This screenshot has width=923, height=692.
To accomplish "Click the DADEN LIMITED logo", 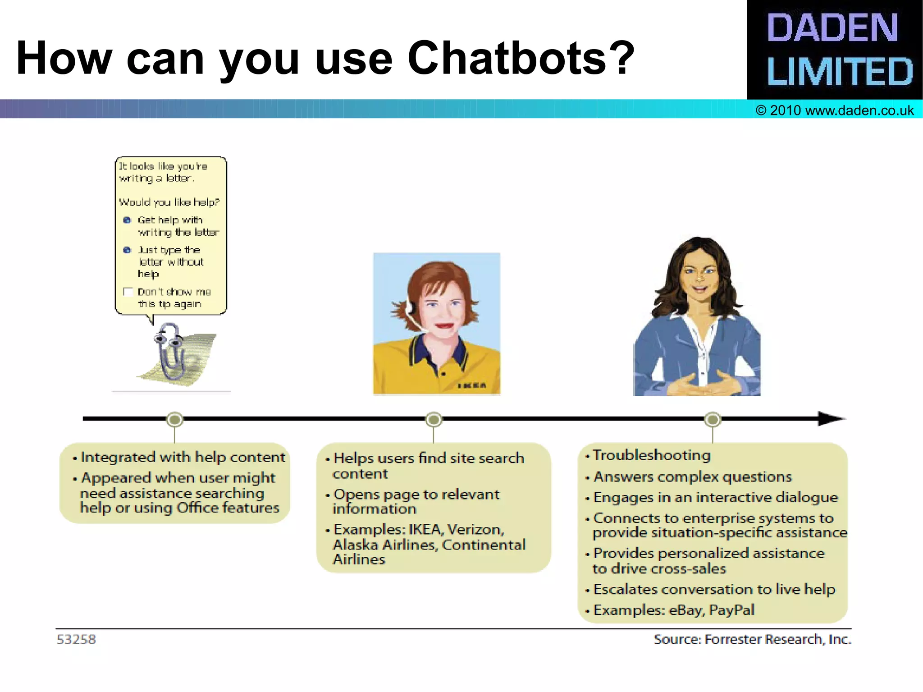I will click(835, 50).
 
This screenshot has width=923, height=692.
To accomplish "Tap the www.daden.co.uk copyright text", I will click(835, 110).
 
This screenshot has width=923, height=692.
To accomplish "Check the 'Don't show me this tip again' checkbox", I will click(128, 292).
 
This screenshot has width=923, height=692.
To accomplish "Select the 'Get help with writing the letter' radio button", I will click(128, 220).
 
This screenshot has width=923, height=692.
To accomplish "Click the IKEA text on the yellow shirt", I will click(472, 385).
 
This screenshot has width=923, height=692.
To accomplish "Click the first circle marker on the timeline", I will click(175, 420).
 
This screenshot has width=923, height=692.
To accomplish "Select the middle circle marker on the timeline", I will click(434, 420).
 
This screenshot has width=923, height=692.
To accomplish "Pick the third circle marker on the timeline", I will click(713, 420).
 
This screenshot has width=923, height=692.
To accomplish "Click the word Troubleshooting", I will click(651, 455).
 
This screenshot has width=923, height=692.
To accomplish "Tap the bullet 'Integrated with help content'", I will click(183, 457).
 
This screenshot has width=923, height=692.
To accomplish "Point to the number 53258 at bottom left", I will click(76, 639).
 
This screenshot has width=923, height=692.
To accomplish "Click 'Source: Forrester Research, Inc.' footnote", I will click(752, 639).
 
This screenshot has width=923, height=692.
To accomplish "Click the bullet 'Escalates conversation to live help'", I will click(714, 589).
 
